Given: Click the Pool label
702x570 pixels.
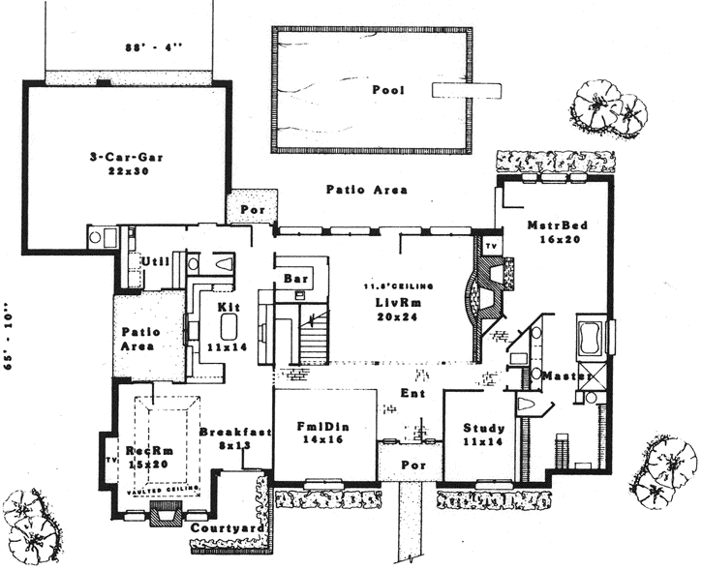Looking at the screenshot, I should click(x=387, y=90).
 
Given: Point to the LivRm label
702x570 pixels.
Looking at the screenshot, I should click(x=396, y=303).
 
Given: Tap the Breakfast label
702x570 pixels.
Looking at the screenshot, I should click(x=235, y=433).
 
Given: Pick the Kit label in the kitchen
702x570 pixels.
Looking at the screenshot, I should click(x=229, y=307).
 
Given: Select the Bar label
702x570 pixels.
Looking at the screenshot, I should click(x=294, y=279).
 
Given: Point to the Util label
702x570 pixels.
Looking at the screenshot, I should click(x=154, y=261).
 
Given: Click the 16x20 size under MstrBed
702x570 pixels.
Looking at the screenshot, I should click(x=554, y=239).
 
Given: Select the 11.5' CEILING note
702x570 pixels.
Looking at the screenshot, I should click(x=397, y=287).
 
